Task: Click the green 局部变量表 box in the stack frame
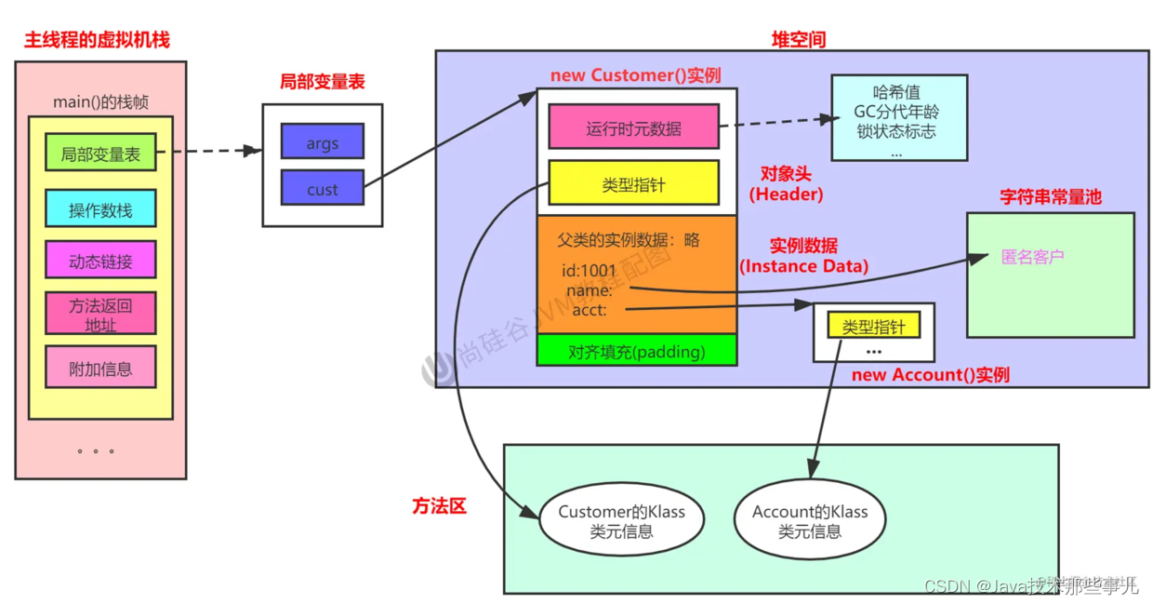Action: (x=100, y=154)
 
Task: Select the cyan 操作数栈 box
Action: (x=100, y=209)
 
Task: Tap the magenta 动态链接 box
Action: (x=100, y=261)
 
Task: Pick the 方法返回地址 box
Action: (x=100, y=314)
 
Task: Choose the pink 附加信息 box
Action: (x=100, y=368)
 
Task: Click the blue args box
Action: (x=322, y=142)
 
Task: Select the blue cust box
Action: (x=322, y=188)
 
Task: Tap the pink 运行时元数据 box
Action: (x=633, y=128)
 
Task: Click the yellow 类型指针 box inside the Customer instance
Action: (x=633, y=183)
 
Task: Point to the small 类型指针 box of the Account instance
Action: (x=873, y=326)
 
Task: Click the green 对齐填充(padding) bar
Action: (x=636, y=351)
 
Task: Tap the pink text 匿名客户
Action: (x=1032, y=257)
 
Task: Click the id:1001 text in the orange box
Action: (x=589, y=271)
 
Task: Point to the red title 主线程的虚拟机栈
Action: (x=97, y=40)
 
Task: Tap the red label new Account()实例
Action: (x=930, y=374)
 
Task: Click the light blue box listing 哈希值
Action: (x=898, y=118)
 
